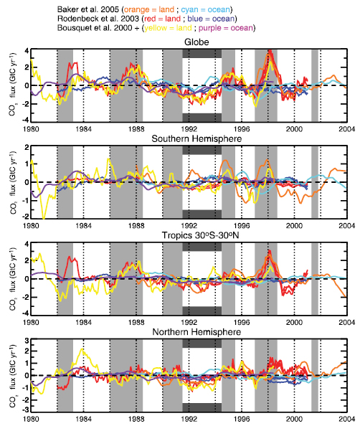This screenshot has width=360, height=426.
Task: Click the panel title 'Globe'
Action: tap(191, 42)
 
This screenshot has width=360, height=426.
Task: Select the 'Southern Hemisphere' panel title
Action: tap(191, 138)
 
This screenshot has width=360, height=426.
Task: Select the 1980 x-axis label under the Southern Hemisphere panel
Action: tap(31, 224)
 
